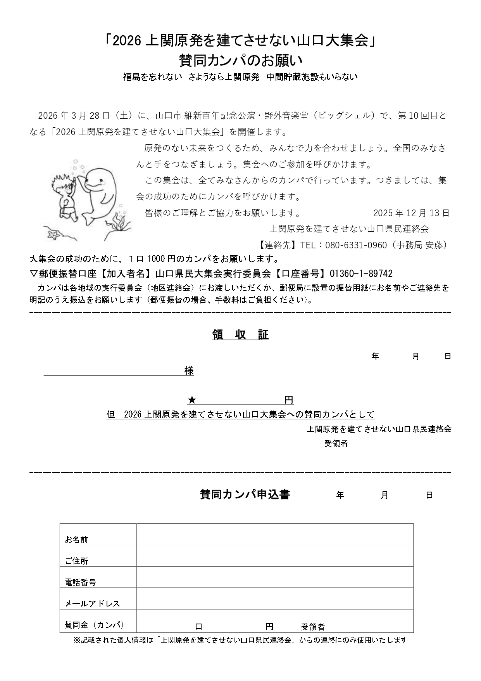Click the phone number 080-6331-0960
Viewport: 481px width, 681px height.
tap(356, 245)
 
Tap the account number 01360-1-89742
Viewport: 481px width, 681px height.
tap(361, 274)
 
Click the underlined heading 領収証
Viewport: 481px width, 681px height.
tap(240, 335)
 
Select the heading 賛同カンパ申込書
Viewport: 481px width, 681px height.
tap(245, 495)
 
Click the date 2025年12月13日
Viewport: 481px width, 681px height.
tap(411, 213)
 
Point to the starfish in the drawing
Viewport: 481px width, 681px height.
tap(52, 234)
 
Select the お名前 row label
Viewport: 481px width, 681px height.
tap(77, 539)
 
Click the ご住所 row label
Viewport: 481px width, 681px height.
tap(77, 561)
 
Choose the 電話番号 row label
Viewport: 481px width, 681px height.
tap(81, 582)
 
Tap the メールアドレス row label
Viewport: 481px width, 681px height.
tap(92, 603)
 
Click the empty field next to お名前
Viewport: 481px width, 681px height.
tap(274, 534)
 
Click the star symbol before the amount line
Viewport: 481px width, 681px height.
tap(191, 400)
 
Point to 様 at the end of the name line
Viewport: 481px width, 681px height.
tap(189, 371)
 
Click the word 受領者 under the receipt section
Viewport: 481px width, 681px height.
tap(336, 444)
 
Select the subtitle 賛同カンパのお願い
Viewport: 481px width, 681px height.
tap(240, 60)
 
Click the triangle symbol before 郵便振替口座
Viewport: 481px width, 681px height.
tap(33, 274)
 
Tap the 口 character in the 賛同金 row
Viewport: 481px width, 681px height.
tap(198, 626)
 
